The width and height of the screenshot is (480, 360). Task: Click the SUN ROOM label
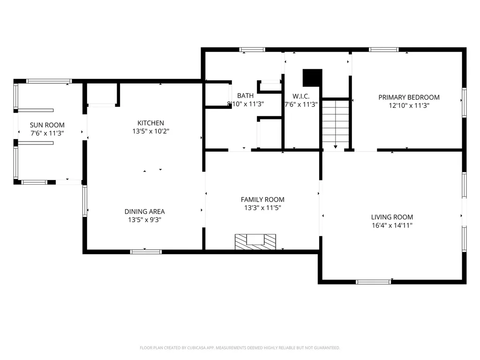coord(47,125)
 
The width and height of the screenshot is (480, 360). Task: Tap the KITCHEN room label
coord(150,123)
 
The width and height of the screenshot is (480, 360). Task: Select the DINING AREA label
coord(144,211)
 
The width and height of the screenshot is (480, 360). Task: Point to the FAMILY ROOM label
coord(262,200)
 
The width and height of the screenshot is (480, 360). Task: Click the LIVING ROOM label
coord(392,217)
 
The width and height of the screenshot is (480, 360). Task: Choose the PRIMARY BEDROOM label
coord(409,97)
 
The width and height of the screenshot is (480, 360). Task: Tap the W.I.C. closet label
coord(301,96)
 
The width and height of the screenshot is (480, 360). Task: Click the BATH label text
coord(245,96)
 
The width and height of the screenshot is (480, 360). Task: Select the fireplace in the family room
coord(255,242)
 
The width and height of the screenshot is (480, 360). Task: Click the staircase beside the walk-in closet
coord(336,124)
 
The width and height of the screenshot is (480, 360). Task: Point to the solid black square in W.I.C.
coord(313,78)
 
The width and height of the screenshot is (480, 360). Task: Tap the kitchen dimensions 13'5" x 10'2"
coord(150,131)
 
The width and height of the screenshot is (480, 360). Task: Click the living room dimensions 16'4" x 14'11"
coord(392,225)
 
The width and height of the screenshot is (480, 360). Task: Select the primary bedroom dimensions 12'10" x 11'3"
coord(409,105)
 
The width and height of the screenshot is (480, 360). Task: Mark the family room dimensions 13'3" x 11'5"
coord(262,208)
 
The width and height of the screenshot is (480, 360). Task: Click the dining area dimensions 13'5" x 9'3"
coord(144,220)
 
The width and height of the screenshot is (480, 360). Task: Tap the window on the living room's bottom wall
coord(374,282)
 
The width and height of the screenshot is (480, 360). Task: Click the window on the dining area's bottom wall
coord(146,252)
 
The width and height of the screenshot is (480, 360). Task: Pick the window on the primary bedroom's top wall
coord(383,50)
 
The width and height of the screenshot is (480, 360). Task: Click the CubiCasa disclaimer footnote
coord(240,348)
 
